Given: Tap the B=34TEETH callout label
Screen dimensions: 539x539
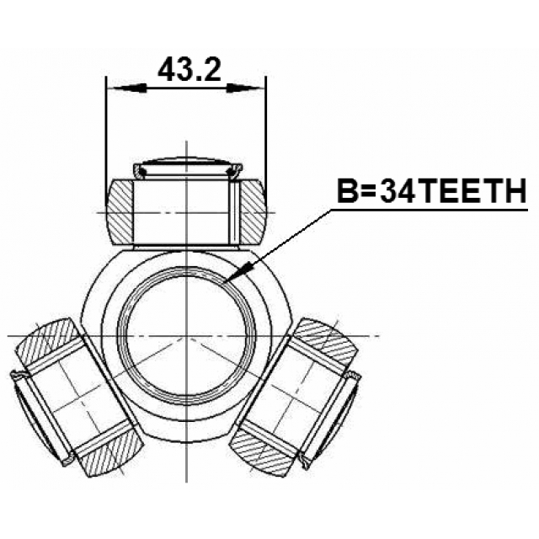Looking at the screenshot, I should pos(430,193).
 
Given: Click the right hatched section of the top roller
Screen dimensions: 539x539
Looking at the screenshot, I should pos(253,211).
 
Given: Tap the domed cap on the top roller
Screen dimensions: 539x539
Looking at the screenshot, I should pos(187,163).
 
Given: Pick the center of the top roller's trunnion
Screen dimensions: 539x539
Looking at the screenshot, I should pos(187,211).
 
